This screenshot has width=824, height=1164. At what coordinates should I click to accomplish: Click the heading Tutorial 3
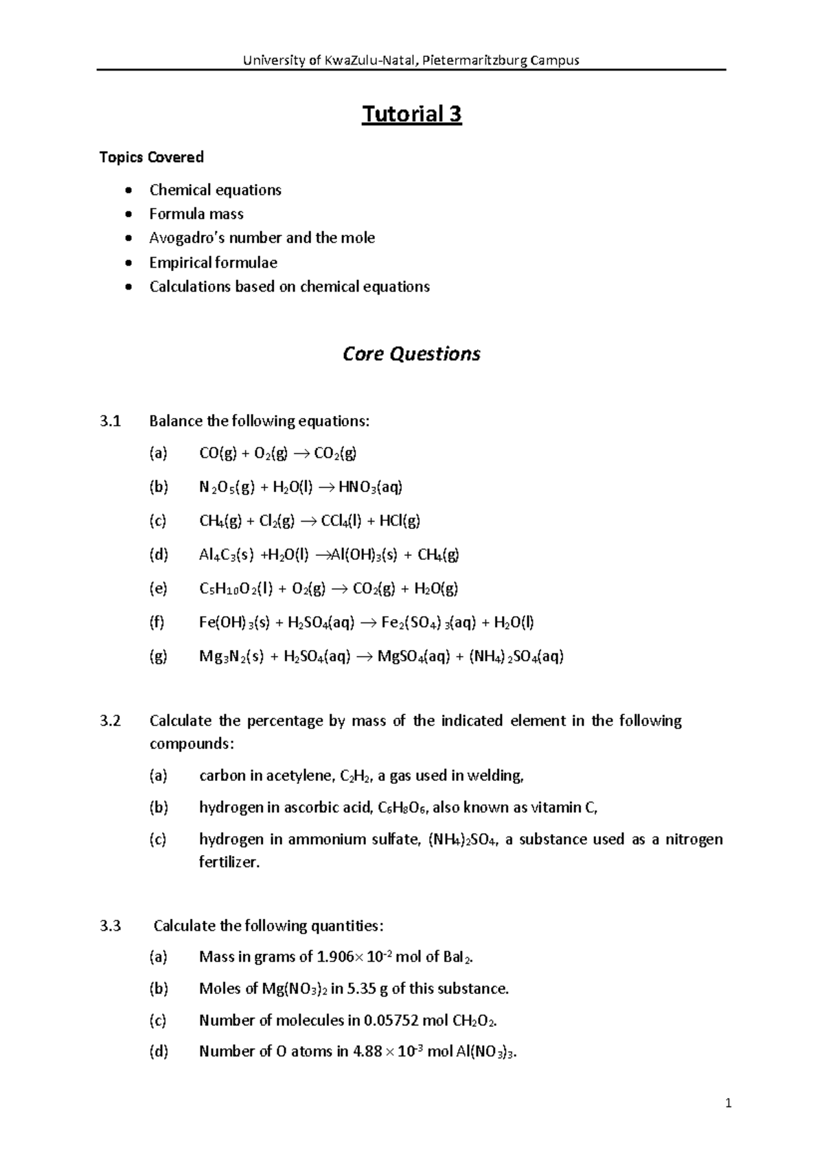point(411,114)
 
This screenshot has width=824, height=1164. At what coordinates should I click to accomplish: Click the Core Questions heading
point(411,354)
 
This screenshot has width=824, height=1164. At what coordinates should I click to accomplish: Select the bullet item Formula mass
point(196,214)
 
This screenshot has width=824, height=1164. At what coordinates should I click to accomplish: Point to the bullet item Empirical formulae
point(213,262)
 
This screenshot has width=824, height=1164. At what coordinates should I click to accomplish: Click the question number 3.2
point(110,721)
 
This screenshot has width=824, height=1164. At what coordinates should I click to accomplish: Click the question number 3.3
point(110,926)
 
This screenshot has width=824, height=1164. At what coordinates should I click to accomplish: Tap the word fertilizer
point(229,862)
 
